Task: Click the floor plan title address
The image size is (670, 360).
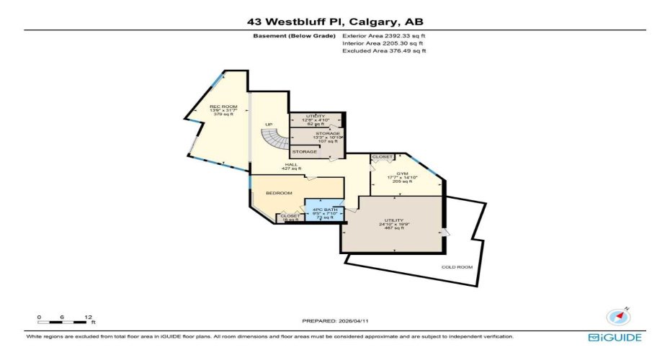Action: (334, 21)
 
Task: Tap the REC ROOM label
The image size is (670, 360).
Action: (223, 107)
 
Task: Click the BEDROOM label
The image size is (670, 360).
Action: (279, 193)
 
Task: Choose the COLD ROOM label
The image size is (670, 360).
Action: (457, 267)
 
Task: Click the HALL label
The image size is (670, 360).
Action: (291, 165)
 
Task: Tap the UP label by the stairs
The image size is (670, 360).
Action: (269, 125)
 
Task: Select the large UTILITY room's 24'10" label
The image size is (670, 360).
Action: (393, 224)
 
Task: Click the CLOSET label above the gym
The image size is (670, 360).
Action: (382, 156)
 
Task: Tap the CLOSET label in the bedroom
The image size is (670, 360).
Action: (290, 215)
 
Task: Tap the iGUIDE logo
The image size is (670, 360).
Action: (615, 337)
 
